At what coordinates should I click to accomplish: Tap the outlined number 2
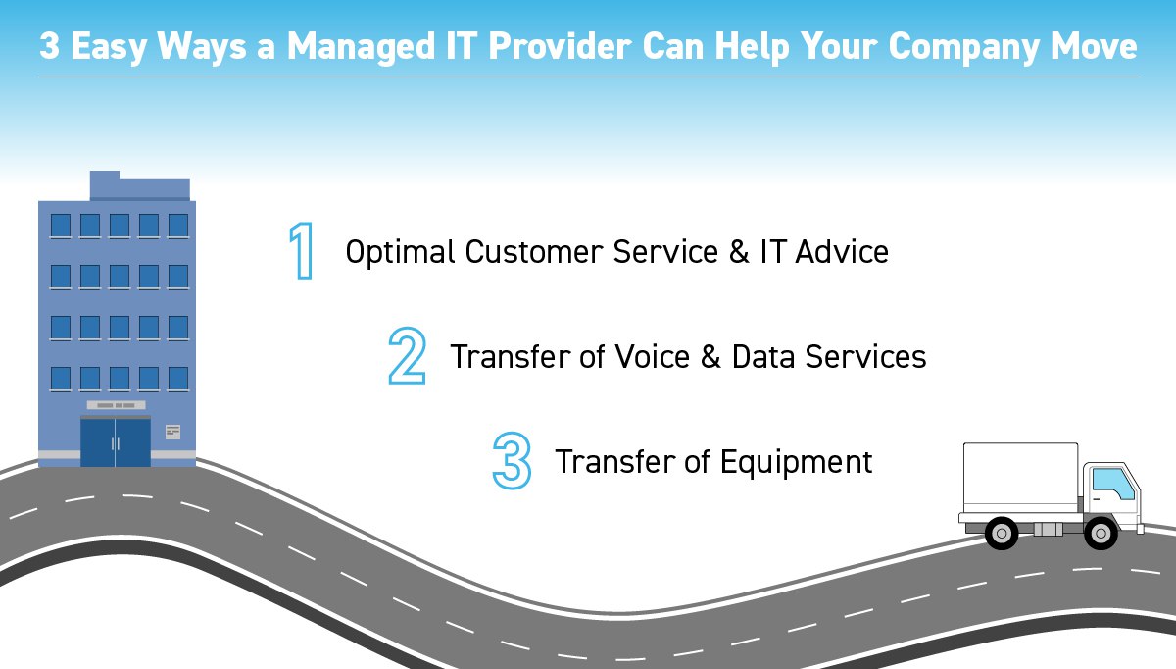pyautogui.click(x=407, y=356)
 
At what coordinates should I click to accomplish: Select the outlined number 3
pyautogui.click(x=512, y=460)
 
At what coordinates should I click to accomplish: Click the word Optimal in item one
pyautogui.click(x=400, y=253)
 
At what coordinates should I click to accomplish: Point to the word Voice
pyautogui.click(x=652, y=356)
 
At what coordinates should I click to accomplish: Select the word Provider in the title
pyautogui.click(x=560, y=46)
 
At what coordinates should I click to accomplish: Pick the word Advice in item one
pyautogui.click(x=841, y=252)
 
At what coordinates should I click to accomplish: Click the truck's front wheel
pyautogui.click(x=1101, y=533)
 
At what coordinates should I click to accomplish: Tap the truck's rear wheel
pyautogui.click(x=1002, y=533)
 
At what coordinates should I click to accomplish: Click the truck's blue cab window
pyautogui.click(x=1111, y=484)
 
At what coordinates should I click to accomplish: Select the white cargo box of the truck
pyautogui.click(x=1020, y=478)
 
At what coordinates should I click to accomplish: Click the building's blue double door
pyautogui.click(x=116, y=442)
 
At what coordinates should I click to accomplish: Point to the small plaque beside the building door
pyautogui.click(x=172, y=432)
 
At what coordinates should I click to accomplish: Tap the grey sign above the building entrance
pyautogui.click(x=117, y=405)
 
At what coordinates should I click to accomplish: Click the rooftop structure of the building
pyautogui.click(x=139, y=185)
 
